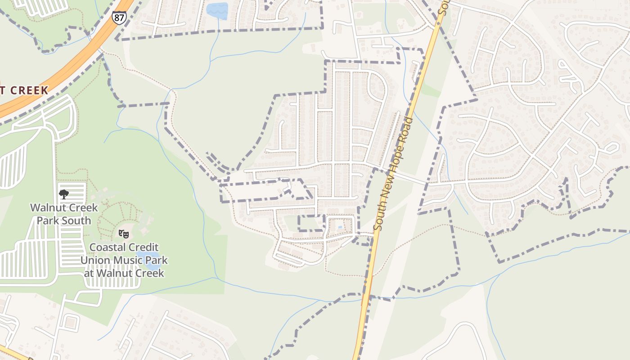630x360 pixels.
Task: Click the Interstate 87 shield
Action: pos(119,17)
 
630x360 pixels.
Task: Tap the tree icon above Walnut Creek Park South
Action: pos(64,194)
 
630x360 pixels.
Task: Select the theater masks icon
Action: pos(124,234)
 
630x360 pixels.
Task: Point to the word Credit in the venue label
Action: pos(144,247)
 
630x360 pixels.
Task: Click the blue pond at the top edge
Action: pos(217,11)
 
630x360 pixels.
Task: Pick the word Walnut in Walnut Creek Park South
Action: pos(48,208)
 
